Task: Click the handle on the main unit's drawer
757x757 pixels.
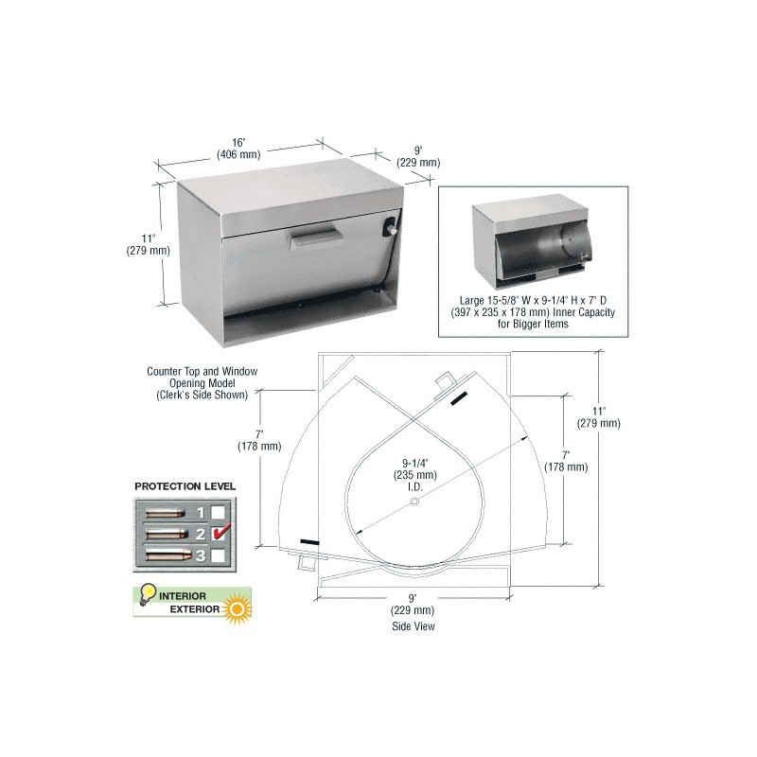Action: click(317, 238)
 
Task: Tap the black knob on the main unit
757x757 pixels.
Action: click(390, 228)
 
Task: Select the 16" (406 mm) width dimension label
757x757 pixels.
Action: click(238, 149)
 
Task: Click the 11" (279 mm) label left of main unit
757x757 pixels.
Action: click(149, 244)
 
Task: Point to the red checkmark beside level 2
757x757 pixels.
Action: click(221, 532)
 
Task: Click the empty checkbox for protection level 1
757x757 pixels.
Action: click(219, 512)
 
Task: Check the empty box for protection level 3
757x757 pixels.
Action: click(219, 555)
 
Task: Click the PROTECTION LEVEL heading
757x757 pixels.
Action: click(185, 486)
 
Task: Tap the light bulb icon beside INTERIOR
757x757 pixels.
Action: click(147, 594)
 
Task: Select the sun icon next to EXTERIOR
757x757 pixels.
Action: click(237, 607)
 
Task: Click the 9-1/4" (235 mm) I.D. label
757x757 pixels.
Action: click(414, 475)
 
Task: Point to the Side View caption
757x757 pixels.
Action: click(414, 626)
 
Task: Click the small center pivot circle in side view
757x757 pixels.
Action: click(414, 502)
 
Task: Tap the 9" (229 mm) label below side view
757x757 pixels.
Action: click(413, 605)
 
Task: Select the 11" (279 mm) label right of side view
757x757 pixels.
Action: click(599, 417)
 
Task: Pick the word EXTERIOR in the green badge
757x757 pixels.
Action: click(195, 609)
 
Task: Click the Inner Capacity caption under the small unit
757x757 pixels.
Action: click(533, 312)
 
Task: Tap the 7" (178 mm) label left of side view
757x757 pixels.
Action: click(259, 440)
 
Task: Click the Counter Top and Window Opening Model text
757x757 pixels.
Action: click(202, 383)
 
